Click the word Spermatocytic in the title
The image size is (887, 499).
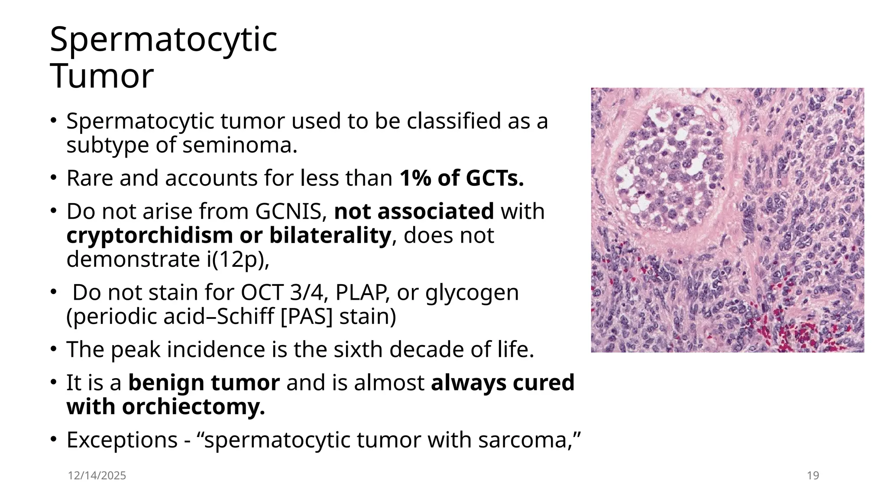163,40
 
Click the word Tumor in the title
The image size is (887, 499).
102,76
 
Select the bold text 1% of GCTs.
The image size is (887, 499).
462,178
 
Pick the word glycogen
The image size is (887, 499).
472,292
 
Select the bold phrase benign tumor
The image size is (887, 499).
204,383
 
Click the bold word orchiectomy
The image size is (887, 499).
193,407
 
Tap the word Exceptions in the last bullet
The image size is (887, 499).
122,440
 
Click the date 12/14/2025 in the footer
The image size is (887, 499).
97,476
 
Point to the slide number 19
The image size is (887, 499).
813,476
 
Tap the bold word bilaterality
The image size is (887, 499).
330,235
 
